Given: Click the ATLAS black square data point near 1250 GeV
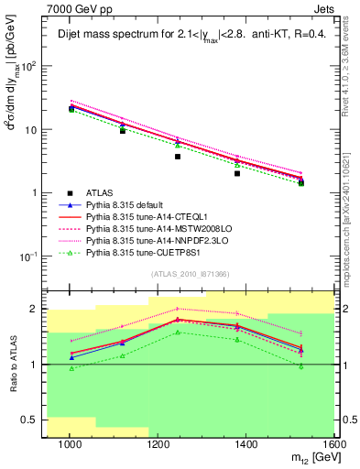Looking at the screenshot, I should coord(178,157).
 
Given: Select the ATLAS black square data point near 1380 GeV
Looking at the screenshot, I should coord(237,173).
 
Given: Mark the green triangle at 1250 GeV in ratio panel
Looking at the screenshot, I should coord(178,333).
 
